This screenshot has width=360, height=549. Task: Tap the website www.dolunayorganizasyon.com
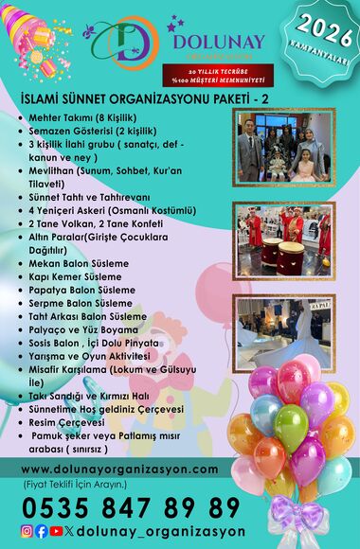tap(118, 469)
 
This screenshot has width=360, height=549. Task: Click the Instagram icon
tap(27, 531)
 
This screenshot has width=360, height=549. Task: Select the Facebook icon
tap(42, 531)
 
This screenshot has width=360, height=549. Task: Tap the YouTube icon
tap(57, 531)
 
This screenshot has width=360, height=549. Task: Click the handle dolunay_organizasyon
tap(161, 531)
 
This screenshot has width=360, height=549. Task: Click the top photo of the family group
tap(283, 147)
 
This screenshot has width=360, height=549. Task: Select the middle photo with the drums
tap(283, 237)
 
